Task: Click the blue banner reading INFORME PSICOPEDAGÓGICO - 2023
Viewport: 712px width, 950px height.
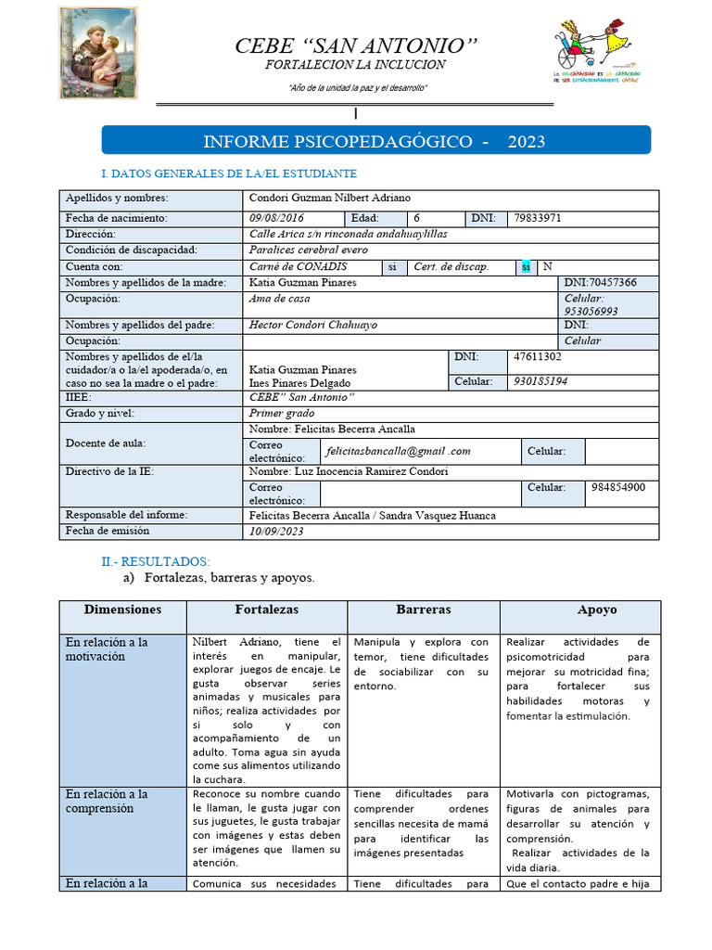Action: pyautogui.click(x=375, y=141)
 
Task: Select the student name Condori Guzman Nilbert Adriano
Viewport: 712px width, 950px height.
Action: pyautogui.click(x=330, y=198)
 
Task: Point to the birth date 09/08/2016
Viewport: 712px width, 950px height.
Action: pyautogui.click(x=277, y=218)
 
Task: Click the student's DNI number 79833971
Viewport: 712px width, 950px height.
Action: pyautogui.click(x=537, y=218)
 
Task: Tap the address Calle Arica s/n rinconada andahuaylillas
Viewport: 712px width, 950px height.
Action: pyautogui.click(x=341, y=234)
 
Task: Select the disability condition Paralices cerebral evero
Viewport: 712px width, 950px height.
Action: pyautogui.click(x=309, y=250)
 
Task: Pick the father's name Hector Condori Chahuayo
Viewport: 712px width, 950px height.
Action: pyautogui.click(x=313, y=325)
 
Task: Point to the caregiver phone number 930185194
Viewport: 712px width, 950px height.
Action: pyautogui.click(x=541, y=381)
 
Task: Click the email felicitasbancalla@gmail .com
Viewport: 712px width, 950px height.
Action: pyautogui.click(x=399, y=451)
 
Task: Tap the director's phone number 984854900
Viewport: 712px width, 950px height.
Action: pyautogui.click(x=618, y=487)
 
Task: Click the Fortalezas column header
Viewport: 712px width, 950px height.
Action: pyautogui.click(x=267, y=610)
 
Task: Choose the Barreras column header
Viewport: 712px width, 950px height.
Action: pyautogui.click(x=424, y=610)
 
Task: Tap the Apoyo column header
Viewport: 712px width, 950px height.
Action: pyautogui.click(x=597, y=610)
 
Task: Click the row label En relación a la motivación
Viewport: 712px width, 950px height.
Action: pyautogui.click(x=107, y=648)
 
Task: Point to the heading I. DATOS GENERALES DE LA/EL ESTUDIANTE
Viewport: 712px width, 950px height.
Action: pyautogui.click(x=228, y=173)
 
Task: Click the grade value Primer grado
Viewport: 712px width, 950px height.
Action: pyautogui.click(x=282, y=413)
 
